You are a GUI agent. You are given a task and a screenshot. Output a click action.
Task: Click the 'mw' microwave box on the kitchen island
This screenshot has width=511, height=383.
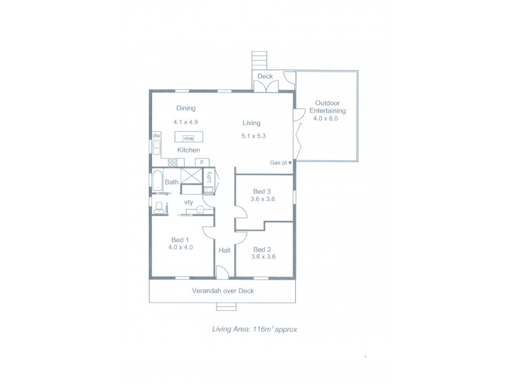(x=188, y=138)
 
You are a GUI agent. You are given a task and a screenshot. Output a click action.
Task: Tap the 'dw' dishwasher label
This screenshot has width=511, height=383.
(x=156, y=136)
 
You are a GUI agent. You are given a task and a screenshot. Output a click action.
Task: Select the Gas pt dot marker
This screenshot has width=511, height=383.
(x=291, y=163)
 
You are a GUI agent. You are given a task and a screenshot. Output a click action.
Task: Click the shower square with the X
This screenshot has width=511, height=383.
(x=190, y=178)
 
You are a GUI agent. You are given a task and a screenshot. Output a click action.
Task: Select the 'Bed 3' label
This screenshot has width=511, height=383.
(x=263, y=191)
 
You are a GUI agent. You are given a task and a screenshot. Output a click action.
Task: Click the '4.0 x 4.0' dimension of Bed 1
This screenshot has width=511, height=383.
(x=181, y=247)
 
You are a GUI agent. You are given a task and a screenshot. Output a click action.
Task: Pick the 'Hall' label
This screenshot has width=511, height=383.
(x=225, y=250)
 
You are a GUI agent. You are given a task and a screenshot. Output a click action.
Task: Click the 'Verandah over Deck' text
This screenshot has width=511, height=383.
(x=222, y=291)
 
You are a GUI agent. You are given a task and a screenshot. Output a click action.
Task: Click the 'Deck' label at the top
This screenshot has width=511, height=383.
(x=265, y=77)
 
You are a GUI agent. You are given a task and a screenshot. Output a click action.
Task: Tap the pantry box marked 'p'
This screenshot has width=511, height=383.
(x=202, y=161)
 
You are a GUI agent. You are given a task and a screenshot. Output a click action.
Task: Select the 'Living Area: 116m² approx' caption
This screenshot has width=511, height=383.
(x=255, y=330)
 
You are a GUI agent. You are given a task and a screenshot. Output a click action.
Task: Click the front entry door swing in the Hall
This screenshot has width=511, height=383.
(x=222, y=272)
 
